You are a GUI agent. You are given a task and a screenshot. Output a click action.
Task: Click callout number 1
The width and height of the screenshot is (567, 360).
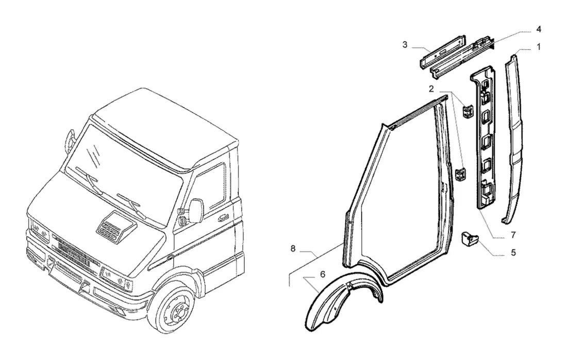click(539, 47)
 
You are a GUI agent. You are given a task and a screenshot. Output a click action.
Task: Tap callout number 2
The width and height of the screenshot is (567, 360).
click(431, 89)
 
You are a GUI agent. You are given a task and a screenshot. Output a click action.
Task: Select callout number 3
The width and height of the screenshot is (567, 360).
click(405, 44)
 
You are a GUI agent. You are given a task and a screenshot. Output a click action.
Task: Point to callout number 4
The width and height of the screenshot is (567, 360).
click(539, 29)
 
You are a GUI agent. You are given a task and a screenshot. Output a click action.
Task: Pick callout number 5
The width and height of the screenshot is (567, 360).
click(513, 253)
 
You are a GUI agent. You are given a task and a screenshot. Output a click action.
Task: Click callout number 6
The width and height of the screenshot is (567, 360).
click(323, 275)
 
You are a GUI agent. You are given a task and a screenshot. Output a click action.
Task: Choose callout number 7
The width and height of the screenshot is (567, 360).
click(513, 235)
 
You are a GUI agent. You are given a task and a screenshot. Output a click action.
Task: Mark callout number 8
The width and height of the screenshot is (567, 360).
click(293, 249)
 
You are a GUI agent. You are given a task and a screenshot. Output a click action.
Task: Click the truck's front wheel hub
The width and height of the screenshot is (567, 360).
click(175, 310)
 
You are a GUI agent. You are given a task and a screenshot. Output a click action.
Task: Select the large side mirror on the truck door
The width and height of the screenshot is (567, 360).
click(197, 210)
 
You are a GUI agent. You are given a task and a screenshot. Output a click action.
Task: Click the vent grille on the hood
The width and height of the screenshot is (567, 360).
click(113, 227)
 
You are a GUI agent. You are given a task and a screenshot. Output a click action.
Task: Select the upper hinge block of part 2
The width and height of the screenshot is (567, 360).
click(468, 111)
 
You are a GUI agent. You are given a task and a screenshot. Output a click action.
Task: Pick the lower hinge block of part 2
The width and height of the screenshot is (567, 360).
click(460, 175)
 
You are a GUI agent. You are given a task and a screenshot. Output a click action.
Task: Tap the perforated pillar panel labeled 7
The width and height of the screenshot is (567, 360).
click(483, 138)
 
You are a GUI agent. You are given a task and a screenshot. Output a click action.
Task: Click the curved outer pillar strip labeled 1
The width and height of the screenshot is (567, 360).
click(514, 138)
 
